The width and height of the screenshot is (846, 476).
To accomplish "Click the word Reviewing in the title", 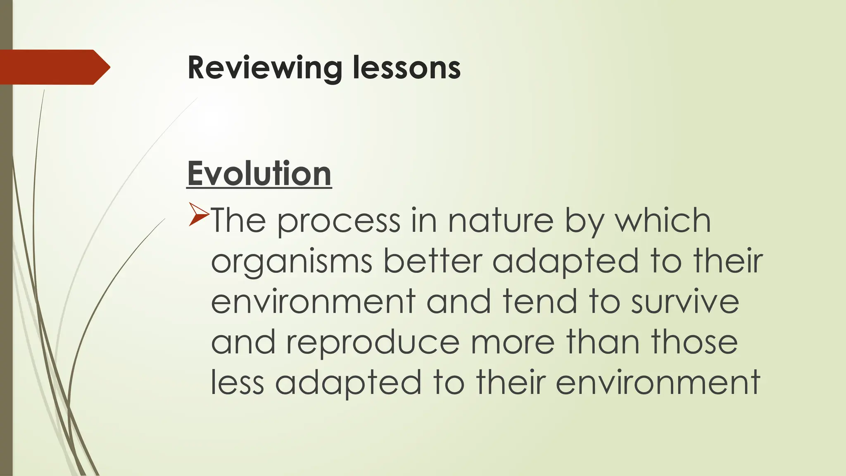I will click(x=264, y=68).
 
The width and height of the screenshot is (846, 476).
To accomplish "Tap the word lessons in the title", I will click(x=406, y=68).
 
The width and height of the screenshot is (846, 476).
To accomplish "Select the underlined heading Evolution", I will click(x=259, y=174).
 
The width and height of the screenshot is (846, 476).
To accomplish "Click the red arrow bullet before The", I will click(x=198, y=214).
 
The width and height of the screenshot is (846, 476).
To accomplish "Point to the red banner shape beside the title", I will click(x=54, y=67).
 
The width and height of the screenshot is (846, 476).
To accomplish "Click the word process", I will click(x=338, y=221).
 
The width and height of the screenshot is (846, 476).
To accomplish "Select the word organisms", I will click(x=292, y=262).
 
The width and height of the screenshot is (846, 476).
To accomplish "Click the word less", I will click(x=237, y=382).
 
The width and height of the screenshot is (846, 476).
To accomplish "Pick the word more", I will click(x=512, y=343).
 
